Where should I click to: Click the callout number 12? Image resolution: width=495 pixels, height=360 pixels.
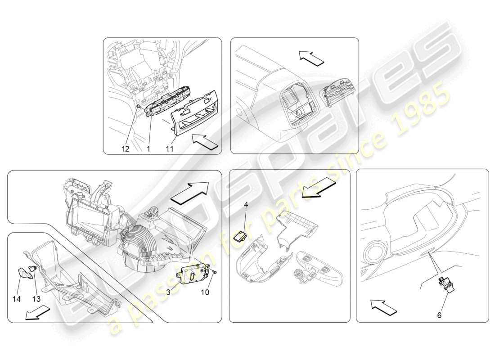(125, 149)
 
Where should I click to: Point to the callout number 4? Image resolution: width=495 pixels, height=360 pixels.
(246, 205)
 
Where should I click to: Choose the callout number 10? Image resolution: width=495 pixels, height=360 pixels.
(205, 292)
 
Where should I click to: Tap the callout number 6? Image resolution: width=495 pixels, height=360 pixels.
(439, 315)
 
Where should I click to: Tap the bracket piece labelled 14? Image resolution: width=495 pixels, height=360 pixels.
(22, 273)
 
